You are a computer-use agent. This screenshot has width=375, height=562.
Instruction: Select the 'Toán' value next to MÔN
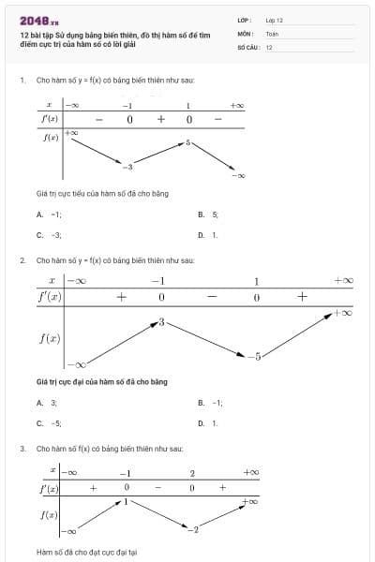(272, 33)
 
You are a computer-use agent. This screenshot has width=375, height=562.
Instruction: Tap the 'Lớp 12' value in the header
(274, 20)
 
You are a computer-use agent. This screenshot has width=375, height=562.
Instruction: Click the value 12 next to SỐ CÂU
(269, 46)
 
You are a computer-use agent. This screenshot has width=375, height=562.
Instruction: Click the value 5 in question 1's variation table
(187, 142)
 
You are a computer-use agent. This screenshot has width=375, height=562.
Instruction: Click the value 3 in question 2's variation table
(161, 322)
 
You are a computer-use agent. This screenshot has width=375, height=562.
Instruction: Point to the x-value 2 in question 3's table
(191, 473)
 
